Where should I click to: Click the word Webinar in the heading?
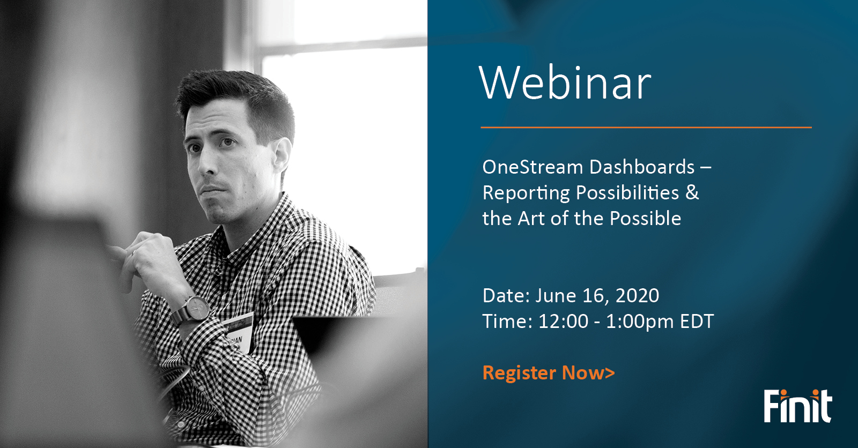(x=565, y=83)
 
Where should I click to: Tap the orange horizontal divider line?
(x=646, y=128)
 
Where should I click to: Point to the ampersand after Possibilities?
(x=692, y=192)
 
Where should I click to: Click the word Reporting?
(x=526, y=193)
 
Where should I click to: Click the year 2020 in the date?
(x=637, y=296)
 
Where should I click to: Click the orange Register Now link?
(x=548, y=373)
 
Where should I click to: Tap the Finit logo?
(x=797, y=406)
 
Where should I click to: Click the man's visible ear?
(x=282, y=155)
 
